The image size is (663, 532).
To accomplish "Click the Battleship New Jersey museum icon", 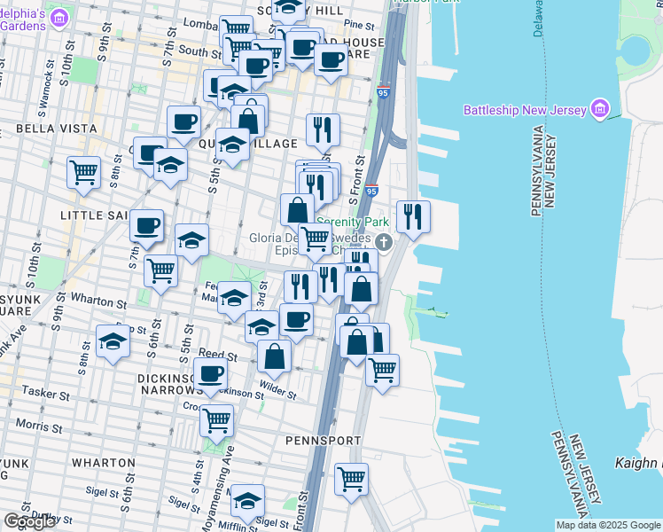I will point(600,109).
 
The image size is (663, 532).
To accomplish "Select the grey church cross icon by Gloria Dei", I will point(384,241).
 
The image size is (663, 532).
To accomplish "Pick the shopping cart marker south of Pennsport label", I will point(352,479).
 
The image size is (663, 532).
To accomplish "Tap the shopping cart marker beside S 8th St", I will point(84,171).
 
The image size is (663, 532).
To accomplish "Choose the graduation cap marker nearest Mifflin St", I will point(248,501).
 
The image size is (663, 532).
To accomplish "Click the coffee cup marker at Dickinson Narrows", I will point(211,374).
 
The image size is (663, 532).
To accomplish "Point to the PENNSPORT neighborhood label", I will point(323,440).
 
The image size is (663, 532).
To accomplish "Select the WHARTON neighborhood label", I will point(103,462).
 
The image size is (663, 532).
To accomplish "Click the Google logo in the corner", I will point(29,521).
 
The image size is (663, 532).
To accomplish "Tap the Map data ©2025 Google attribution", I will point(608,525).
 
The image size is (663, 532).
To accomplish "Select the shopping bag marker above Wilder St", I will point(275,356).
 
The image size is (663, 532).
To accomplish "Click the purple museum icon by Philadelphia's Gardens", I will point(59,17).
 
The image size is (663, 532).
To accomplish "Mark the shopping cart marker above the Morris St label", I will point(217,420).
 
